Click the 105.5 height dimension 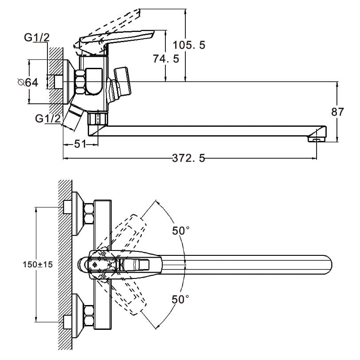tap(189, 45)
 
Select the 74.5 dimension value tap(166, 59)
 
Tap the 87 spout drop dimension tap(337, 112)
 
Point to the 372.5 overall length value tap(188, 158)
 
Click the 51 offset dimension tap(80, 144)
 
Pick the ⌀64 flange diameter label tap(28, 82)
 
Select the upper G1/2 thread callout tap(37, 38)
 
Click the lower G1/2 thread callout tap(48, 118)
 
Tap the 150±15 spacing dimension tap(38, 265)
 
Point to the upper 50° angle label tap(181, 231)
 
